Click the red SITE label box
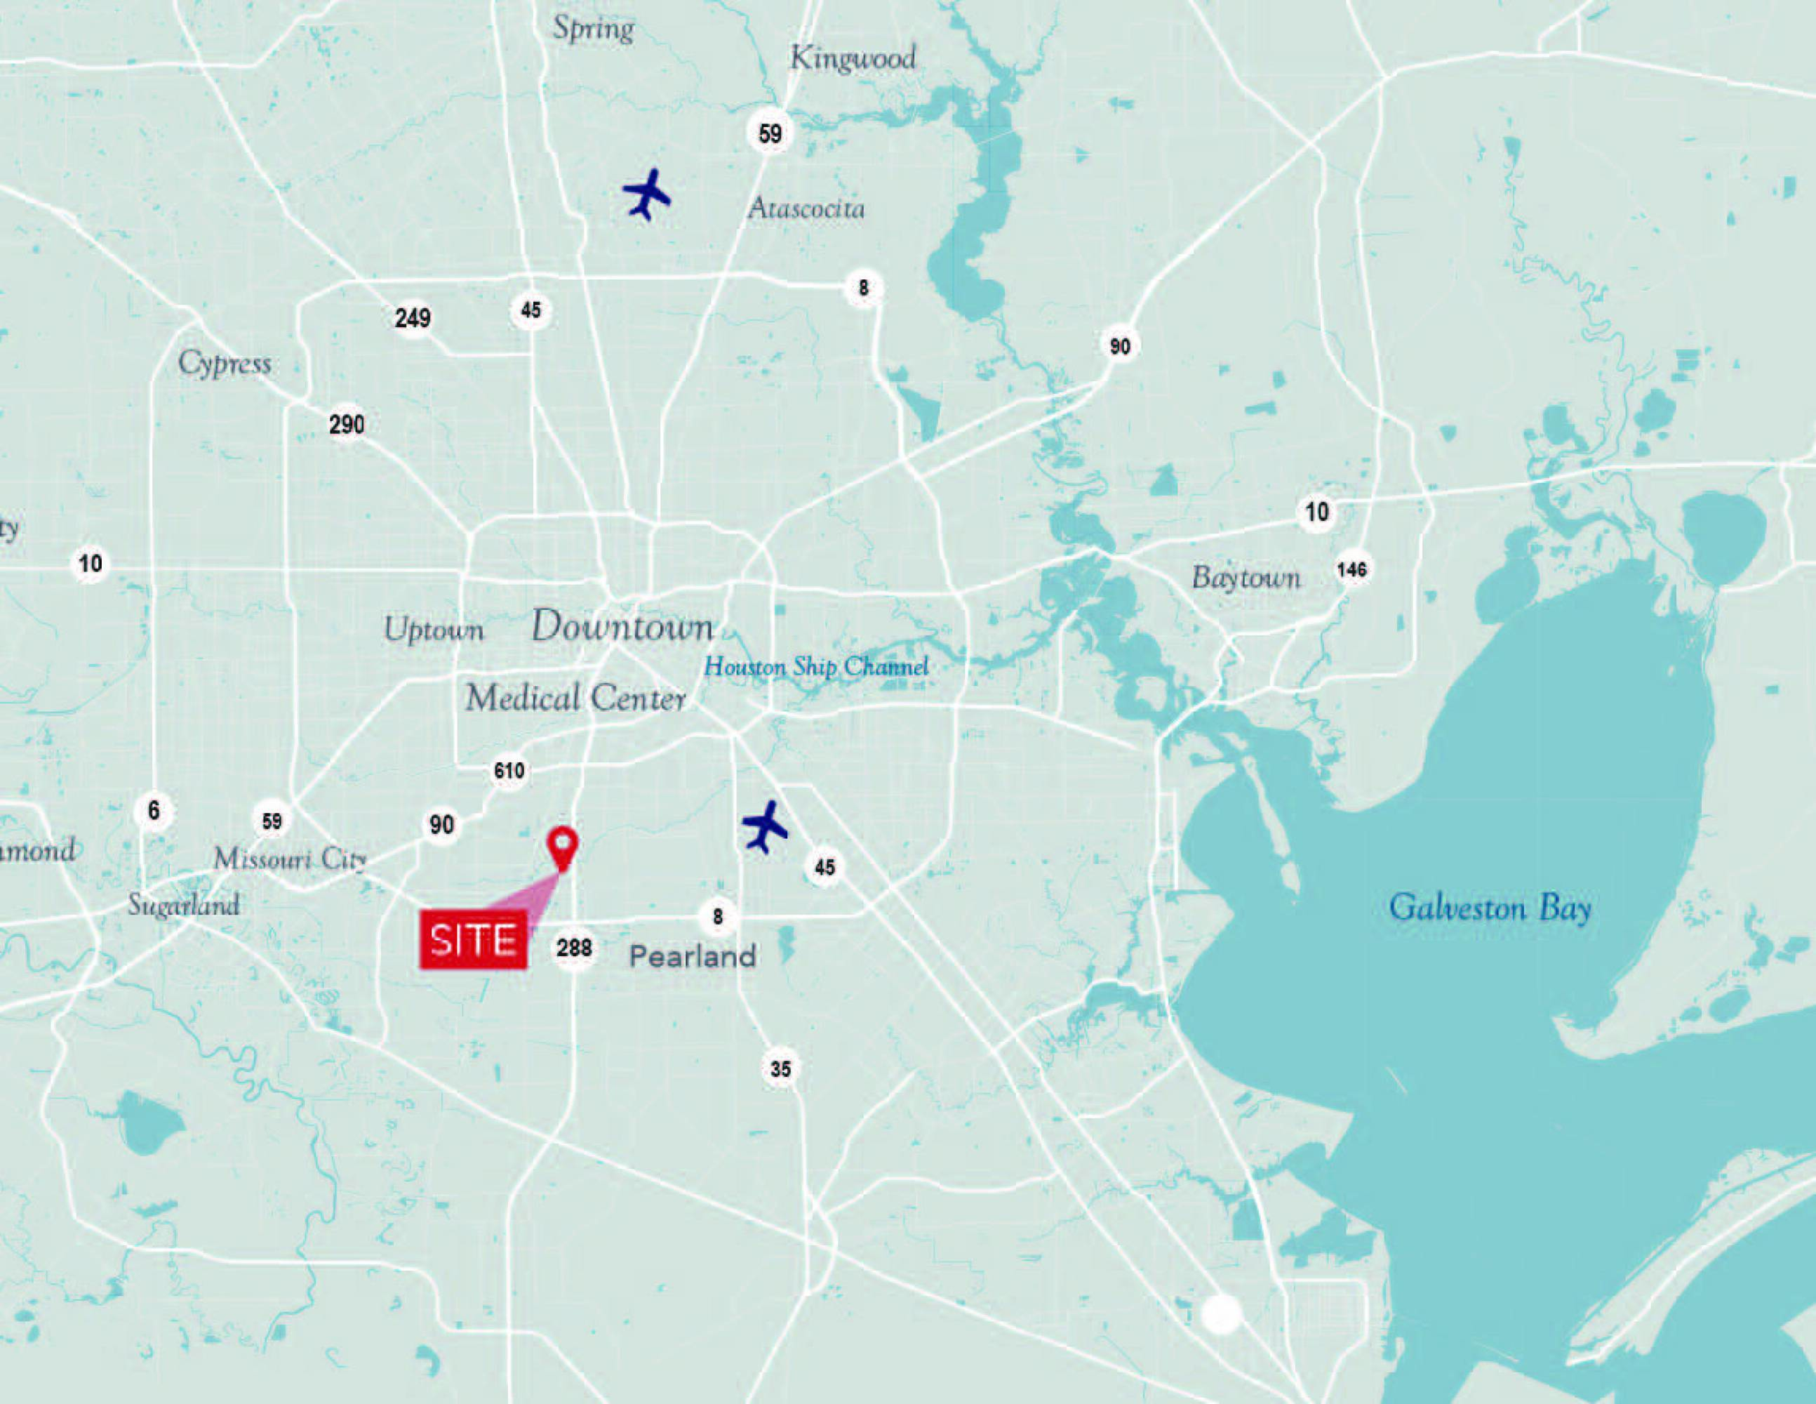[473, 940]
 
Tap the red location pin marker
[563, 847]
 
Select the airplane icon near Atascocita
[646, 194]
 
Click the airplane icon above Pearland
[764, 826]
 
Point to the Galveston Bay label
[1490, 908]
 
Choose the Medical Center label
[575, 698]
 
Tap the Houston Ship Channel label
[815, 666]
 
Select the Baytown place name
[1246, 577]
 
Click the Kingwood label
[853, 58]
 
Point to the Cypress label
[225, 364]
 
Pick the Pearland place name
[693, 957]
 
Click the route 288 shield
[574, 948]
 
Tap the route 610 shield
[509, 770]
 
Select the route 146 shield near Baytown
[1351, 570]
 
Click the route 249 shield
[413, 318]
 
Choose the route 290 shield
[347, 424]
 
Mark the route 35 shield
[780, 1069]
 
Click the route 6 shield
[154, 810]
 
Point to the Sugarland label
[184, 905]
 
